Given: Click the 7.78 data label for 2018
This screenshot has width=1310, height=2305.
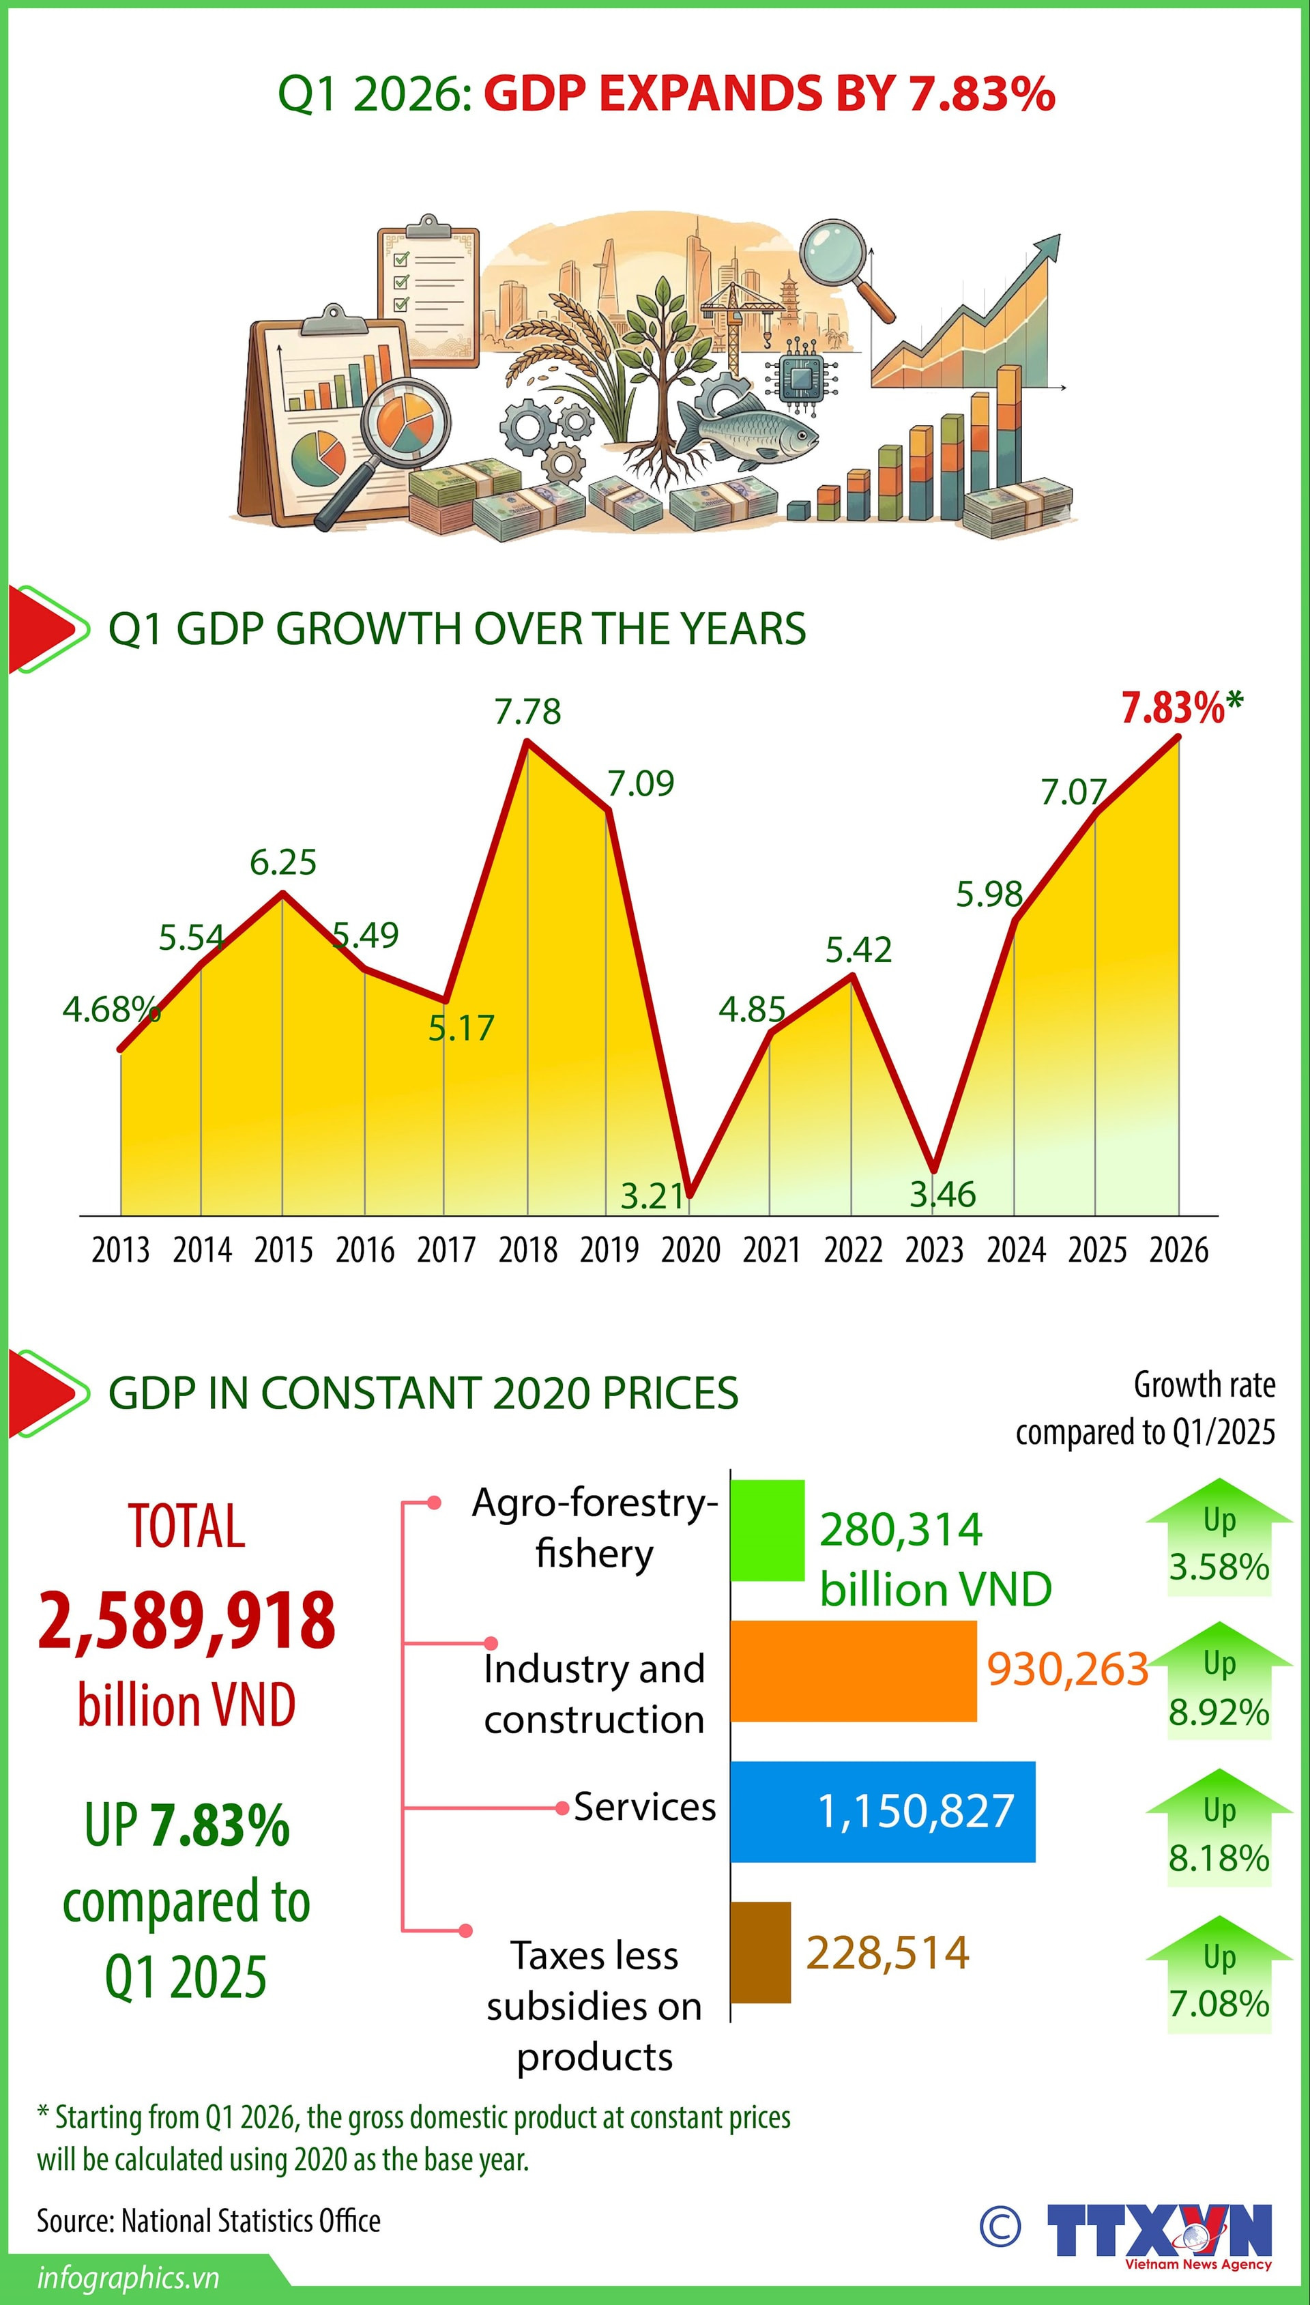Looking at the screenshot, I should [x=527, y=712].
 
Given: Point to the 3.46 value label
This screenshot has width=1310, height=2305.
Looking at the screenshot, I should [x=942, y=1195].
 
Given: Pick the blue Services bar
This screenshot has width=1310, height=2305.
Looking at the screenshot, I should [x=882, y=1811].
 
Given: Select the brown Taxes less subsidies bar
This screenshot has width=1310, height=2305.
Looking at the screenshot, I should [x=760, y=1952].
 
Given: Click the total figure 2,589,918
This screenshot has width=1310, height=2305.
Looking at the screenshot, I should [x=186, y=1621].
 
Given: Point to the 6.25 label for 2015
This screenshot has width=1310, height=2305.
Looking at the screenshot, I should [x=282, y=862].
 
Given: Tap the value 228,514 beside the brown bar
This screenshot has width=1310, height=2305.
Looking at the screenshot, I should [x=887, y=1953].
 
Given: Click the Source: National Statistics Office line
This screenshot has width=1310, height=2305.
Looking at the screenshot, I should [x=208, y=2220].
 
